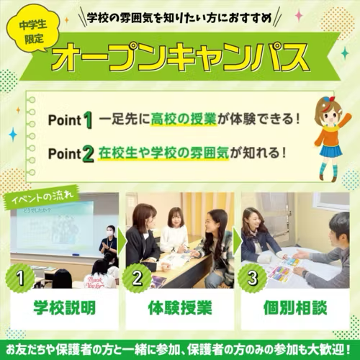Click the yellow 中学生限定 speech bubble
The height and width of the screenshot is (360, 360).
click(x=32, y=30)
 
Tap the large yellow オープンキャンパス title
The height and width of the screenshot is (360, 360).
click(x=180, y=56)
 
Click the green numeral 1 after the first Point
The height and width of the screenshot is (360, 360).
click(x=88, y=120)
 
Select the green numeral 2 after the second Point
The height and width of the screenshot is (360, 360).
click(x=88, y=154)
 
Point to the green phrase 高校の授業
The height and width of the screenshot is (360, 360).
click(x=184, y=119)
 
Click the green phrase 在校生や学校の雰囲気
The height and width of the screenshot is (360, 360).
click(x=163, y=153)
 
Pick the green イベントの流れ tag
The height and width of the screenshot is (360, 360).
click(x=42, y=197)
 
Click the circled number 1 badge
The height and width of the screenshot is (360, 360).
click(x=20, y=278)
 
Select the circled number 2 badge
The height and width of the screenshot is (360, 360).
click(x=137, y=278)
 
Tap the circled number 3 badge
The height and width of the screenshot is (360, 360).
click(x=252, y=278)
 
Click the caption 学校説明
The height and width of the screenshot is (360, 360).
click(x=64, y=307)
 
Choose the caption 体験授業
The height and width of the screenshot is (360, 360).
click(x=180, y=307)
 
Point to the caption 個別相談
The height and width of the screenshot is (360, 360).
click(x=295, y=307)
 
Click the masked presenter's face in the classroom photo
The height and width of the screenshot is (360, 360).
click(x=110, y=232)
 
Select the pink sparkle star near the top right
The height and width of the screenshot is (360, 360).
click(x=299, y=16)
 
